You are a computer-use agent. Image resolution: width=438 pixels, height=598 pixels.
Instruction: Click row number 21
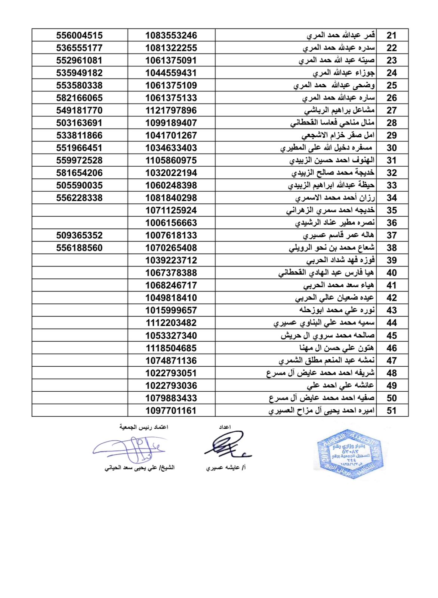(391, 36)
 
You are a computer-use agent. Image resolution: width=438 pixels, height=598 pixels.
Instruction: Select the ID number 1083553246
(171, 36)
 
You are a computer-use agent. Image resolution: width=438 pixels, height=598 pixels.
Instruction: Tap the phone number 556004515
(79, 36)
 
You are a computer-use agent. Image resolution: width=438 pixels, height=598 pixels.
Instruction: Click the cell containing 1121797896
(171, 110)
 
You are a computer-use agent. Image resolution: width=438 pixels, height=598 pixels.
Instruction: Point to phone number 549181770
(79, 110)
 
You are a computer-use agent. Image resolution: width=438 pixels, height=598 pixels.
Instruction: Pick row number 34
(391, 198)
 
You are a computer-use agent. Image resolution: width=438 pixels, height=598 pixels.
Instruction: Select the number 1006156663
(171, 223)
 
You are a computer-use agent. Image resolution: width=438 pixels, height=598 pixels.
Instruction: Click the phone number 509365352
(79, 235)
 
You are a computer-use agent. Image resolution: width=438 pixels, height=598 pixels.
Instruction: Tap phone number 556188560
(79, 248)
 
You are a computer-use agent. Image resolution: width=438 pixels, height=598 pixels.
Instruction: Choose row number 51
(391, 410)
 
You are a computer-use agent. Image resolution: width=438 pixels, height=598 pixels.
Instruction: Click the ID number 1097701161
(171, 410)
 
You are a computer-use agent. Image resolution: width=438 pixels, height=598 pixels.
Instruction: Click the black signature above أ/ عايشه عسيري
(226, 445)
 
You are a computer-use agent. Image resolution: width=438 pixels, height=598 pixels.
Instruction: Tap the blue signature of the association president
(131, 449)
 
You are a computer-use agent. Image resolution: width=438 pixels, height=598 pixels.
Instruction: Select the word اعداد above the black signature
(225, 427)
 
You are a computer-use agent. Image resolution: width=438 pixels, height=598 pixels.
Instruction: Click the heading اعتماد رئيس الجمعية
(144, 427)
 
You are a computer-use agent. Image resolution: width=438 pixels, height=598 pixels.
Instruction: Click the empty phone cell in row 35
(79, 210)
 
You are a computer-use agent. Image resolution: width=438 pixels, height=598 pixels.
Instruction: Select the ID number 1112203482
(171, 323)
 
